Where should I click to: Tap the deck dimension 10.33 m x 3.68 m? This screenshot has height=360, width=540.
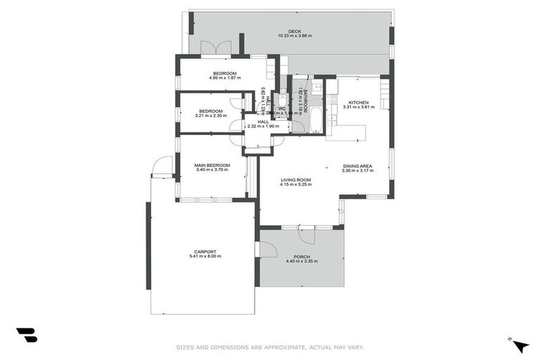point(295,36)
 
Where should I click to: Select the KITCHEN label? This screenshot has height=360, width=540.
point(359,103)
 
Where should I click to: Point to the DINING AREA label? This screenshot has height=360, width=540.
point(357,166)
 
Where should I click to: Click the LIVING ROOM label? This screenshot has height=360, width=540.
point(295,180)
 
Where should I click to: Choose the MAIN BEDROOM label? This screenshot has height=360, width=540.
point(212,166)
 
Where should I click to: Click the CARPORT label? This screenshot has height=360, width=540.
point(205,252)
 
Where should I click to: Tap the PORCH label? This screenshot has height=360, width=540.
point(302,257)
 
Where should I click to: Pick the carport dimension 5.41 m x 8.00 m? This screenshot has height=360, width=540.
point(205,257)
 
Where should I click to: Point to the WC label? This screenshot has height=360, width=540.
point(281,108)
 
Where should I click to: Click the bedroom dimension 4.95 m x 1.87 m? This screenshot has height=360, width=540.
point(225,78)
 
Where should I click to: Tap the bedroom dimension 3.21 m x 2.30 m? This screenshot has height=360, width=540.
point(211,116)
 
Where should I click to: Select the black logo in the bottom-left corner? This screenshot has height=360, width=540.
point(27,335)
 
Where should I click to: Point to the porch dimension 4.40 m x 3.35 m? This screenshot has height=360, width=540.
point(302,262)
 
